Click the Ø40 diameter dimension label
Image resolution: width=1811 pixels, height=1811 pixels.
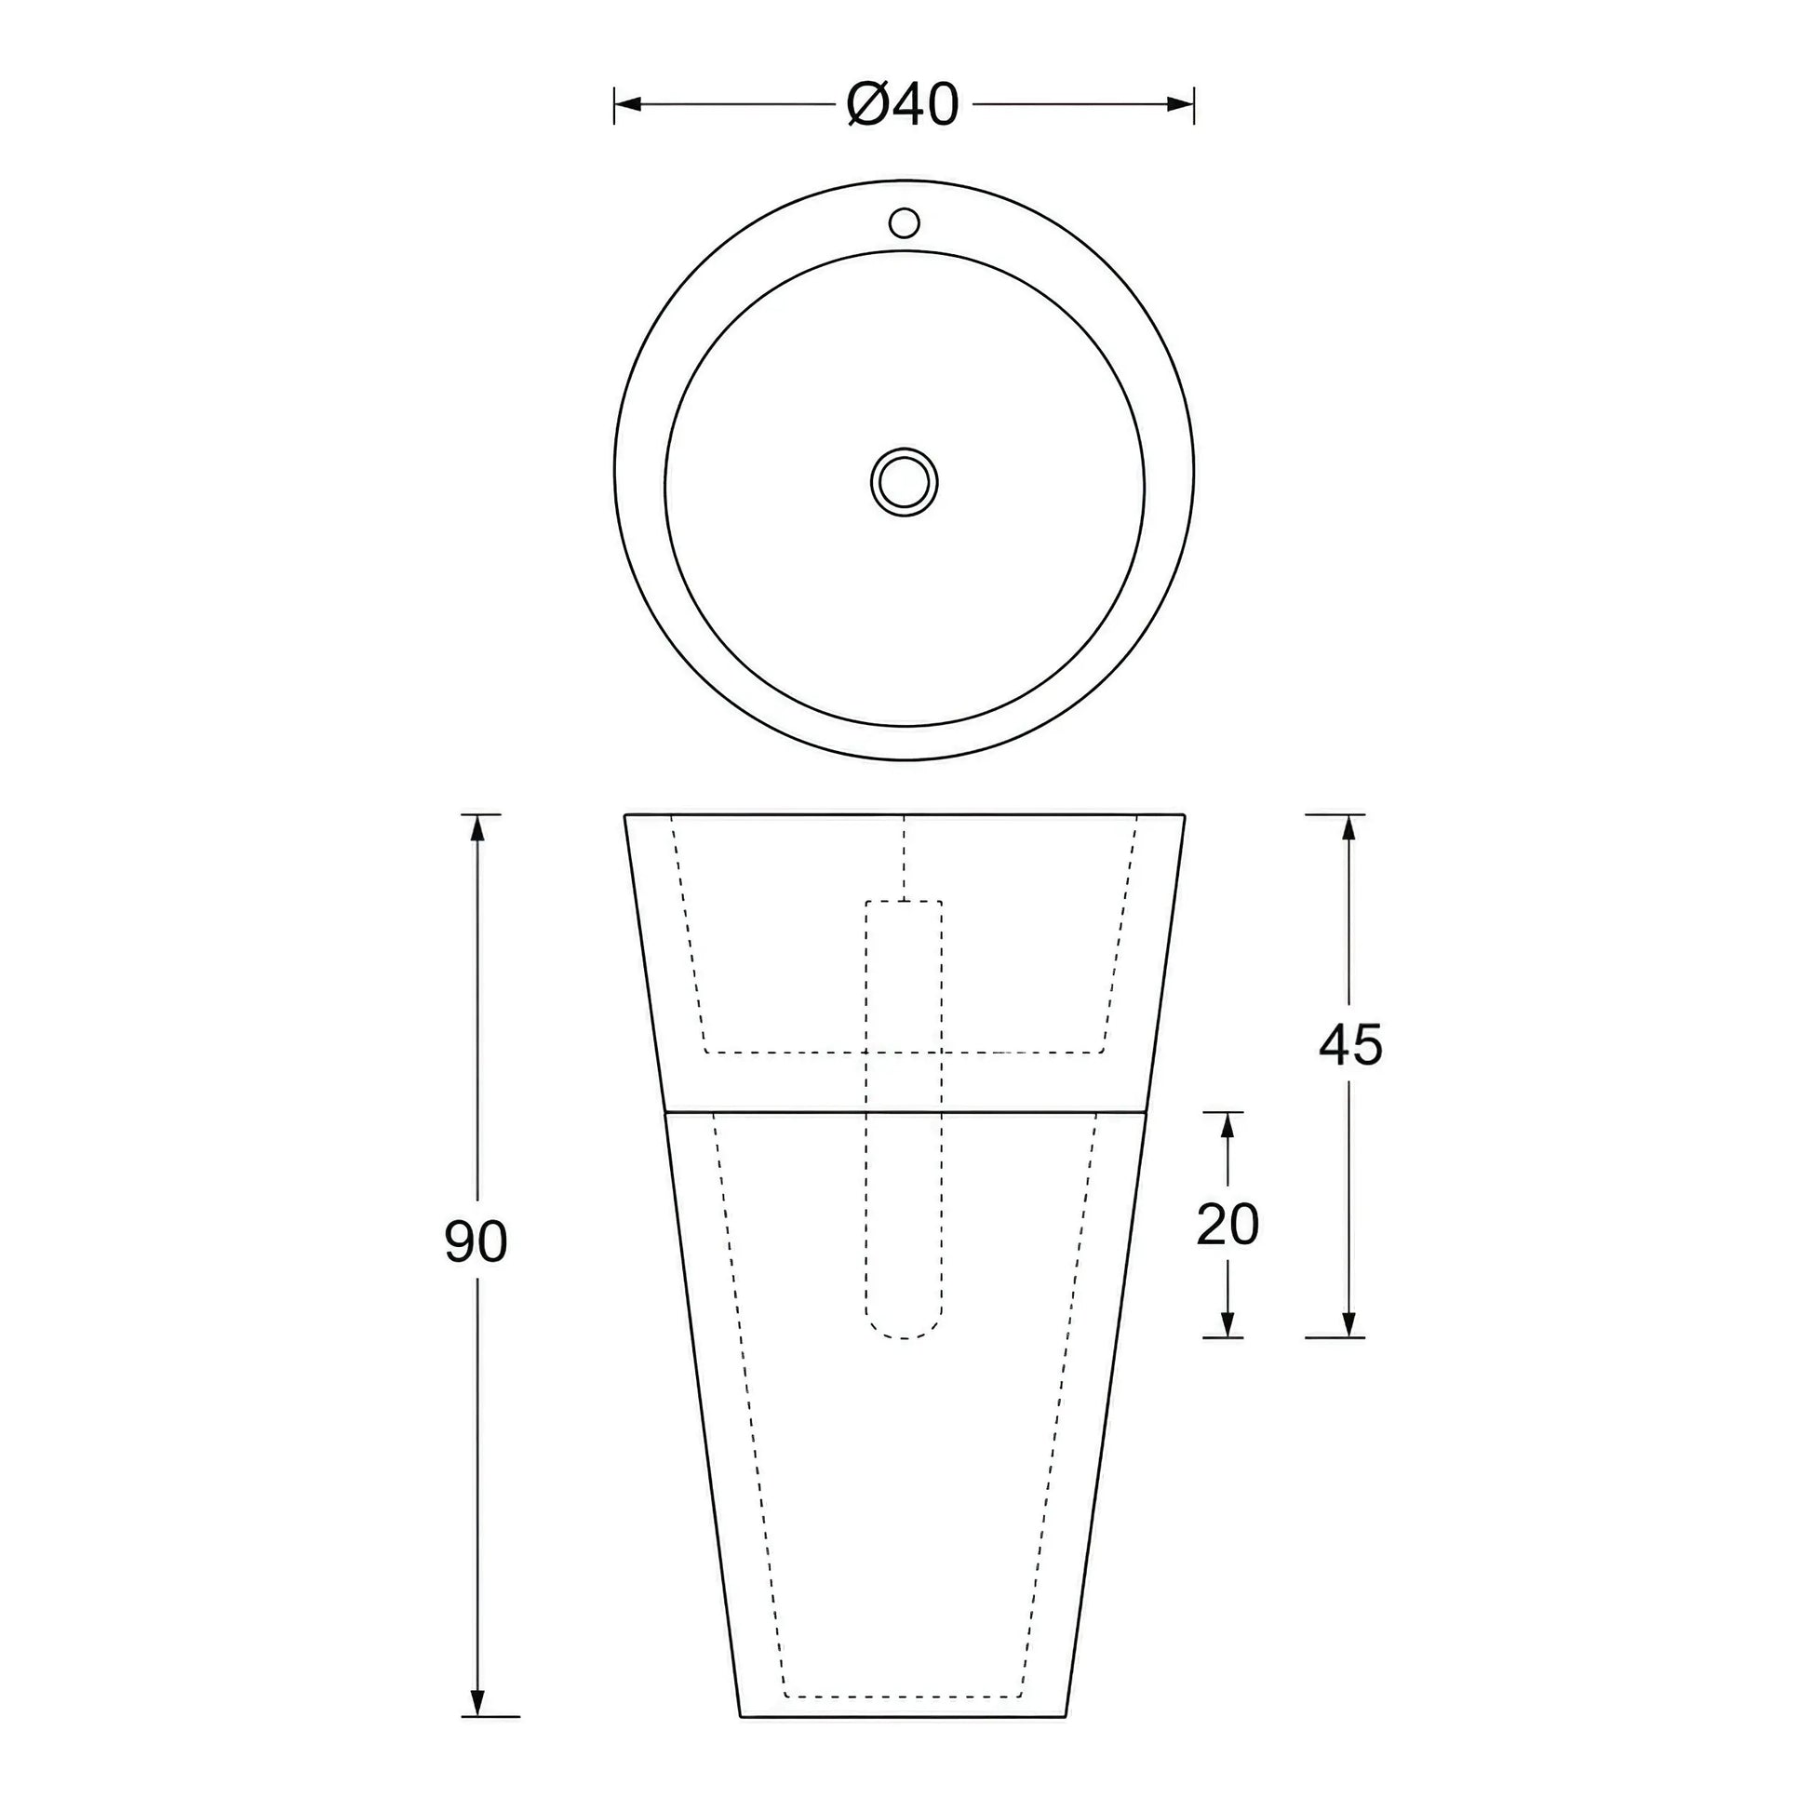[x=903, y=104]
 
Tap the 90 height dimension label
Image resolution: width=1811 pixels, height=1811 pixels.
[x=476, y=1242]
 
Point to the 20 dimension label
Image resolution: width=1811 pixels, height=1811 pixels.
[x=1227, y=1223]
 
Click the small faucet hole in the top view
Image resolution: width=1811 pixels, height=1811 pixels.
[x=904, y=223]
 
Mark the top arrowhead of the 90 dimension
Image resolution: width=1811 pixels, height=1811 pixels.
[x=478, y=827]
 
